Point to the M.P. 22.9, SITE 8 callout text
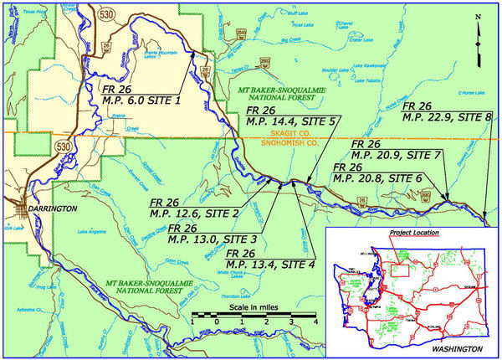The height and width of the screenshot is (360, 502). [447, 117]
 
